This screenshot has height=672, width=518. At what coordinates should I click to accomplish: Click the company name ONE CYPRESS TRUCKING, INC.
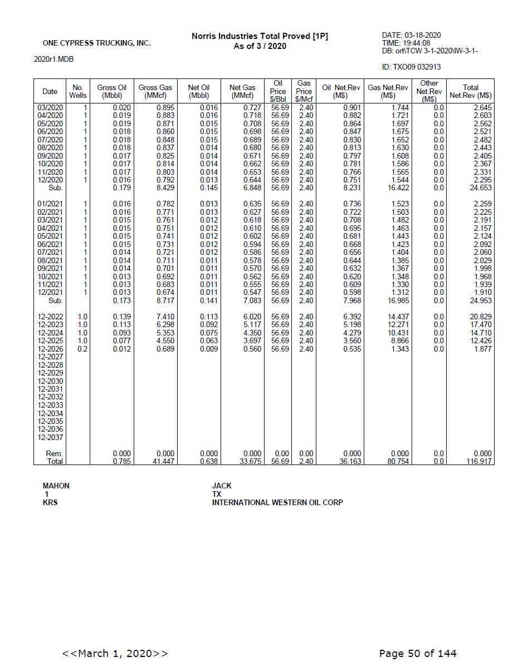(96, 43)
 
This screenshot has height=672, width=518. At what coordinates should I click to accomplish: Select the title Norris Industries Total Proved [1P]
(260, 36)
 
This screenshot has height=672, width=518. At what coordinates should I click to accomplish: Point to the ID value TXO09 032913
(411, 67)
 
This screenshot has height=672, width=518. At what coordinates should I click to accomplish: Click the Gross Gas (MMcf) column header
(155, 91)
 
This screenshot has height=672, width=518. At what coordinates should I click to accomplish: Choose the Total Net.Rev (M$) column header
(470, 91)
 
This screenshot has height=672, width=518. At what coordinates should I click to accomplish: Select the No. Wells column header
(78, 91)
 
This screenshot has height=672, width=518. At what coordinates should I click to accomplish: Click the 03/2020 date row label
(50, 107)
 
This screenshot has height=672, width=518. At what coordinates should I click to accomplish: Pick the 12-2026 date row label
(50, 349)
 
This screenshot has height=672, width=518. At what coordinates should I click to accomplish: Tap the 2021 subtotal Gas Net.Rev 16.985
(398, 300)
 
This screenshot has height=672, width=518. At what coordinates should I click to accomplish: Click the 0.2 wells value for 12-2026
(82, 349)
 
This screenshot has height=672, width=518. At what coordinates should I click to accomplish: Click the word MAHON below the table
(56, 486)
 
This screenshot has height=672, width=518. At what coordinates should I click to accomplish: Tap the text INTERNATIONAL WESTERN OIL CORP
(277, 502)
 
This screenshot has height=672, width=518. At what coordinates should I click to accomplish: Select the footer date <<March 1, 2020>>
(115, 653)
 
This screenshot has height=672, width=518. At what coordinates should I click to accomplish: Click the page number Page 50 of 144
(418, 653)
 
